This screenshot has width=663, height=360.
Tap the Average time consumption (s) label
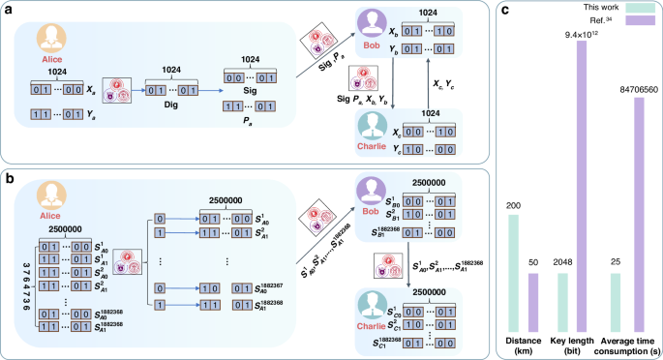pos(630,343)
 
